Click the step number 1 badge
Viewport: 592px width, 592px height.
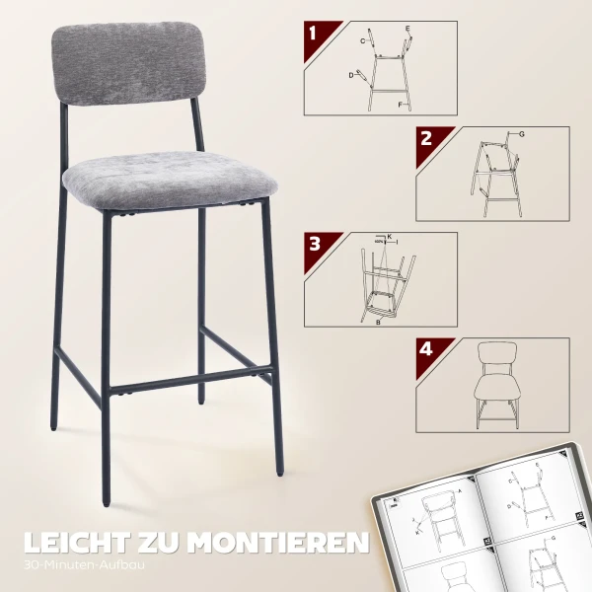314,33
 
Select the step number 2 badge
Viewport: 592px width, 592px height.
426,138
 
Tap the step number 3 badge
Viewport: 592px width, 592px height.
315,244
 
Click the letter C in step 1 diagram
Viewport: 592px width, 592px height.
362,41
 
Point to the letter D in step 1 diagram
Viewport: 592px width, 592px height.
350,75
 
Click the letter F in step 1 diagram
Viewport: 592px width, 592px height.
400,104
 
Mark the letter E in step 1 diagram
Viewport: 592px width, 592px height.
407,29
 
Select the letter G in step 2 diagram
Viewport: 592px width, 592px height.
521,133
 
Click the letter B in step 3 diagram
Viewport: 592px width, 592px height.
378,322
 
